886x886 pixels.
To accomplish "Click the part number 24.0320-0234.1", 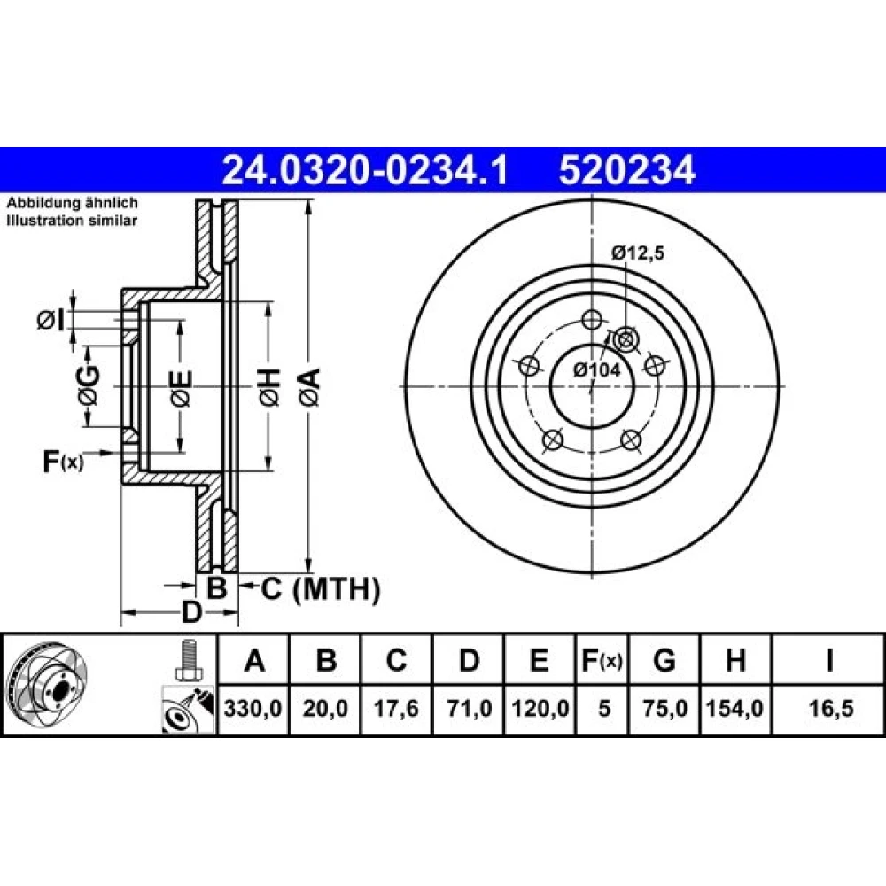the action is (365, 170).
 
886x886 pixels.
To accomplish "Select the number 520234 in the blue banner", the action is (626, 170).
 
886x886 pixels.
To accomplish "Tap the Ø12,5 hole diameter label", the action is (637, 253).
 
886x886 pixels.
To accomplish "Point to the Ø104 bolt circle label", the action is (596, 370).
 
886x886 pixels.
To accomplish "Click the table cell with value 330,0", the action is (253, 709).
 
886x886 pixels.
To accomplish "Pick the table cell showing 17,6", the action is (396, 709).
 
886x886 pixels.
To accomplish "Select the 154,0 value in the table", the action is (735, 709).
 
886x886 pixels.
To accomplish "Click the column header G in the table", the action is (664, 660).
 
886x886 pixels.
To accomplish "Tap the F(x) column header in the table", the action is (602, 660).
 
